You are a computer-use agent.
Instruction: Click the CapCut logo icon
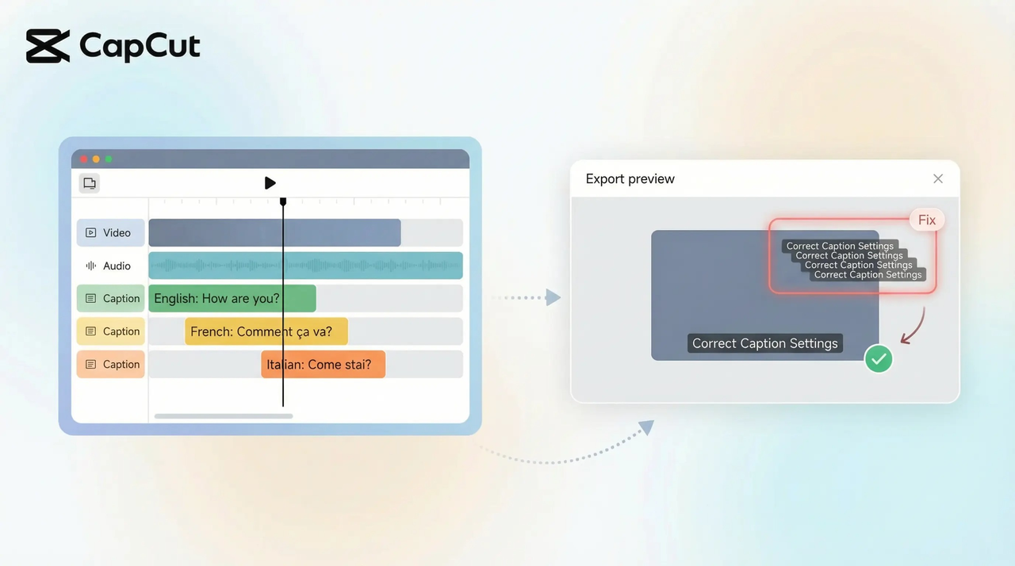pos(48,47)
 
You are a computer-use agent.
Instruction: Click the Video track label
pos(110,233)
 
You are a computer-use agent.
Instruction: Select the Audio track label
pos(110,266)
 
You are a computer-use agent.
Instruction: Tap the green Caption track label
pos(110,299)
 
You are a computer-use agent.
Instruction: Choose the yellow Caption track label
pos(110,331)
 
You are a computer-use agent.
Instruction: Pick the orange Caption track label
pos(110,365)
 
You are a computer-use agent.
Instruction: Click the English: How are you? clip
pos(232,299)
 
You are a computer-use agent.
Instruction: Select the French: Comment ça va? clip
pos(266,331)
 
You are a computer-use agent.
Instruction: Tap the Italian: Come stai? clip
pos(323,365)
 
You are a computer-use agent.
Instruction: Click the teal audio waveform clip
pos(305,266)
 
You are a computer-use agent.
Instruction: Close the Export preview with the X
pos(938,179)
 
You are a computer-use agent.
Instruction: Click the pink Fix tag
pos(927,220)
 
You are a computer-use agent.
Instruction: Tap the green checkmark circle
pos(878,359)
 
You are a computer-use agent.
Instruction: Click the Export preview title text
pos(630,179)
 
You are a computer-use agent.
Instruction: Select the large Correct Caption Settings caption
pos(764,343)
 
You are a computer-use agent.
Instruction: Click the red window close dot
pos(84,159)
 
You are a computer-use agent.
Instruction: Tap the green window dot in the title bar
pos(109,159)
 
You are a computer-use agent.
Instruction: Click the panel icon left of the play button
pos(90,183)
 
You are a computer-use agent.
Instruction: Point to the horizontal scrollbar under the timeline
pos(224,415)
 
